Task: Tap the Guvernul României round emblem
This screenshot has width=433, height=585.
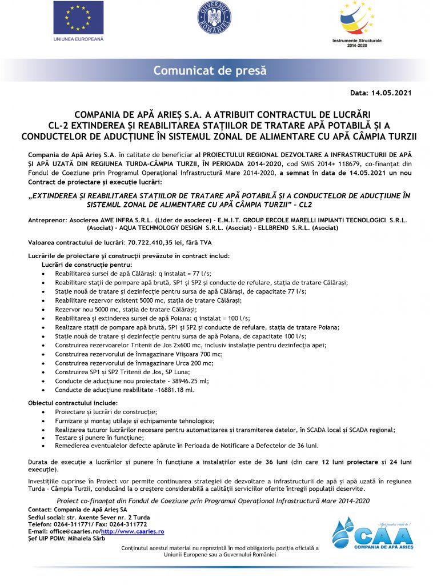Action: pyautogui.click(x=214, y=18)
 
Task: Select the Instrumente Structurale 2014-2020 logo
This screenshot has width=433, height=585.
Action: pyautogui.click(x=356, y=24)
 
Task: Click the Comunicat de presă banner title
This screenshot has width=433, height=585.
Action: pyautogui.click(x=210, y=71)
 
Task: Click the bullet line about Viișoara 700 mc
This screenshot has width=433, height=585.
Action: pyautogui.click(x=139, y=354)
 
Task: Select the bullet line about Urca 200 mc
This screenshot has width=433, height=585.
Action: pyautogui.click(x=134, y=363)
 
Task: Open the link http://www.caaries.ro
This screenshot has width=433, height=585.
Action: pyautogui.click(x=133, y=531)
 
